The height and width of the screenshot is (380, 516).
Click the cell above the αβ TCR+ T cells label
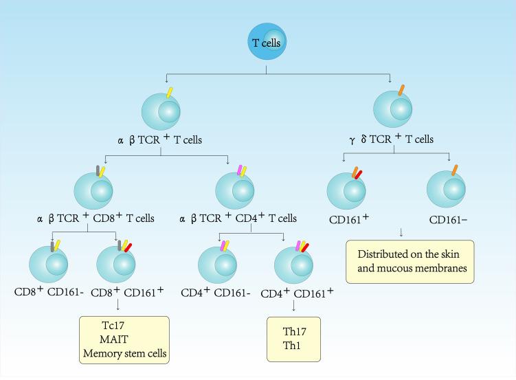click(161, 112)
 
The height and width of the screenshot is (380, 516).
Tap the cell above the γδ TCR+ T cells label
click(392, 111)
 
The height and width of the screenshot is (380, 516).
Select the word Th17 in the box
click(295, 332)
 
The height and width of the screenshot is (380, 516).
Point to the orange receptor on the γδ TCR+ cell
click(400, 89)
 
